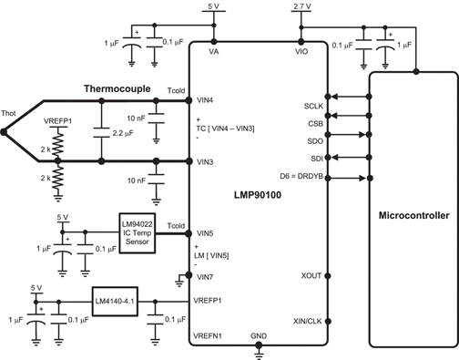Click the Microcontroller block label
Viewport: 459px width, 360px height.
[x=413, y=217]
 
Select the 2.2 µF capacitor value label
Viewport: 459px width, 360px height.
[x=122, y=132]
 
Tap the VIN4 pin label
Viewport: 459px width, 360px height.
[x=205, y=99]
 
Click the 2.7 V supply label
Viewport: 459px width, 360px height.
[x=301, y=7]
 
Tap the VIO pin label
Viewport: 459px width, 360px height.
[x=301, y=52]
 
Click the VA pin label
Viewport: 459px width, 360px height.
[x=214, y=52]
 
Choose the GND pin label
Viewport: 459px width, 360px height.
[x=260, y=335]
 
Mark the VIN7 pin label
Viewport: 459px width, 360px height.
[x=205, y=277]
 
